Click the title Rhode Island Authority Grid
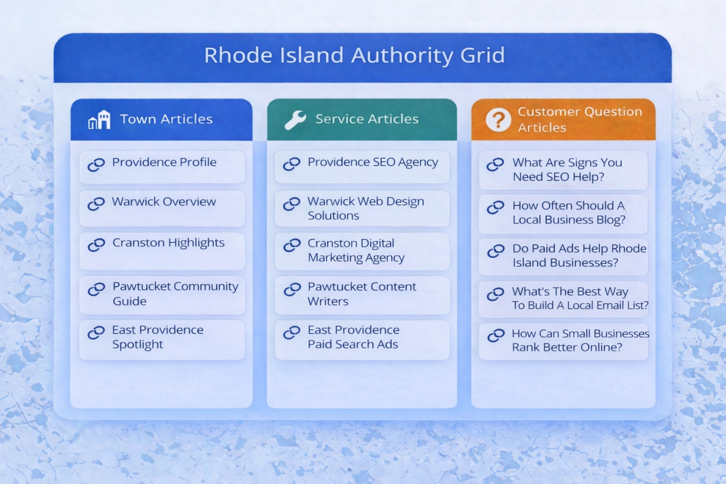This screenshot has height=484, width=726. tap(354, 55)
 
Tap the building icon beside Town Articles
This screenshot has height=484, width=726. tap(99, 120)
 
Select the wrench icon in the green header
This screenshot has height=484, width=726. tap(295, 120)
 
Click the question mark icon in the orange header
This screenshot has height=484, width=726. tap(498, 120)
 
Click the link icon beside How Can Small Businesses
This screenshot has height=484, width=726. tap(496, 336)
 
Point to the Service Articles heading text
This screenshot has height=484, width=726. tap(367, 119)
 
